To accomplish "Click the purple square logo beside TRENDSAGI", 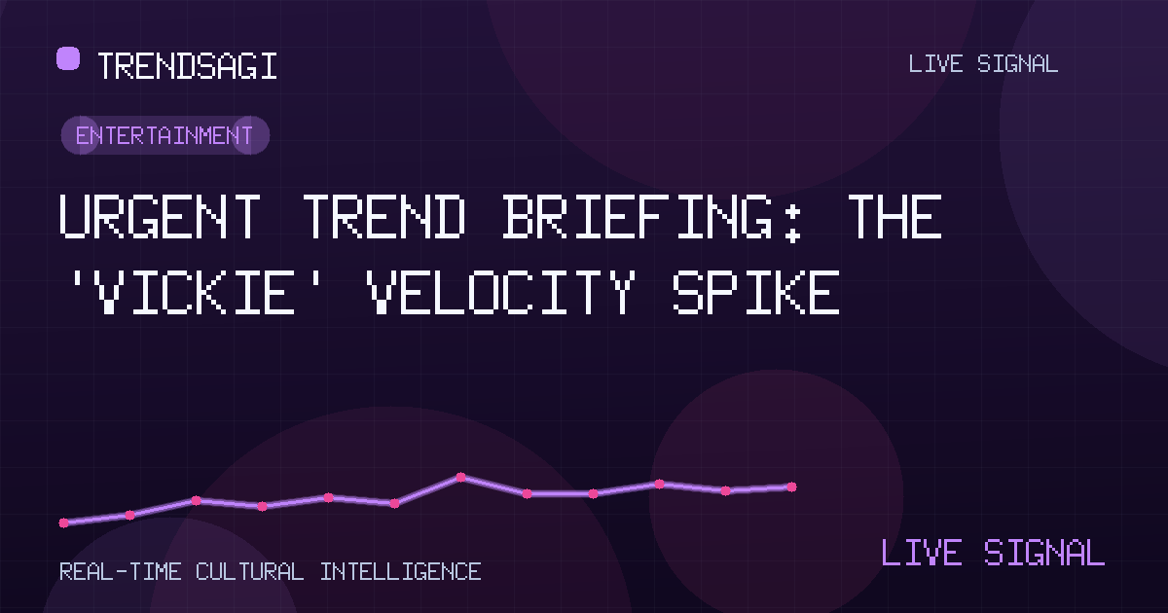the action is tap(68, 57).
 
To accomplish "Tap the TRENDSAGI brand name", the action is tap(187, 66).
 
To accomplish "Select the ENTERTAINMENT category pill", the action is tap(165, 135).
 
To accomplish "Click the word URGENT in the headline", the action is tap(160, 216).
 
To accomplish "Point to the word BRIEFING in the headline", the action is tap(638, 216).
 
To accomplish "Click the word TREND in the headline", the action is tap(384, 216).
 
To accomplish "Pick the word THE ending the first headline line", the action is tap(894, 216).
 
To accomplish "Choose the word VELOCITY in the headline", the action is tap(501, 292).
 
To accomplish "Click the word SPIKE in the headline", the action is tap(756, 292).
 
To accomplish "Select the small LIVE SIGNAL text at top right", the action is tap(983, 64).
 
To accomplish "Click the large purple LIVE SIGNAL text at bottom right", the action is tap(993, 553).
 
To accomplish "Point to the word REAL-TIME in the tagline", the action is tap(121, 572).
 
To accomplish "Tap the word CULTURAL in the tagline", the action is tap(250, 572).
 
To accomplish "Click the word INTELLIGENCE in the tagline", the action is tap(400, 572).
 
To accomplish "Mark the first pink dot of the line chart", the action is tap(63, 523).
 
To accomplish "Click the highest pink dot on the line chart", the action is tap(461, 477).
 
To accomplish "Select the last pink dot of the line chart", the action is tap(791, 487).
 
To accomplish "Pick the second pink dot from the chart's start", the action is tap(129, 515).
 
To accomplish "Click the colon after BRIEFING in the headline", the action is tap(793, 224).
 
